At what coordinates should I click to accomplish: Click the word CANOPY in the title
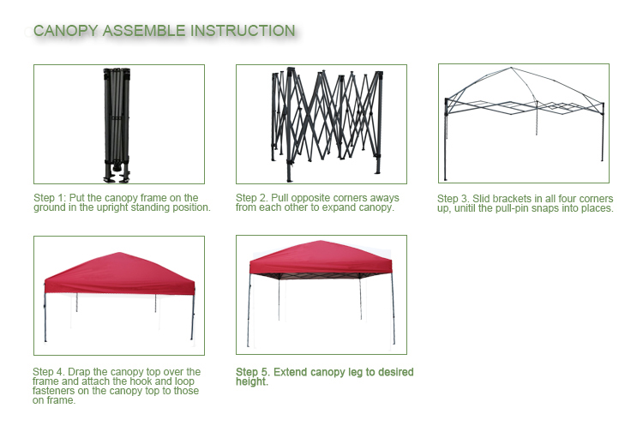click(66, 31)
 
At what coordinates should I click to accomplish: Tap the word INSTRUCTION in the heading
click(243, 31)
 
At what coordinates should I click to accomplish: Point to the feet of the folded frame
click(117, 173)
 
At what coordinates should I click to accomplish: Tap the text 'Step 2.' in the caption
click(252, 198)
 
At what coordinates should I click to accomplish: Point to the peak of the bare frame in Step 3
click(511, 68)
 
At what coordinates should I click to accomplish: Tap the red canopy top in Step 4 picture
click(119, 273)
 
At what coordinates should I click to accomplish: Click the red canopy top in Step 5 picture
click(321, 259)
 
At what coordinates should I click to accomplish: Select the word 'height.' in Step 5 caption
click(252, 382)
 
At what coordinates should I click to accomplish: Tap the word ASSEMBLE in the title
click(144, 31)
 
